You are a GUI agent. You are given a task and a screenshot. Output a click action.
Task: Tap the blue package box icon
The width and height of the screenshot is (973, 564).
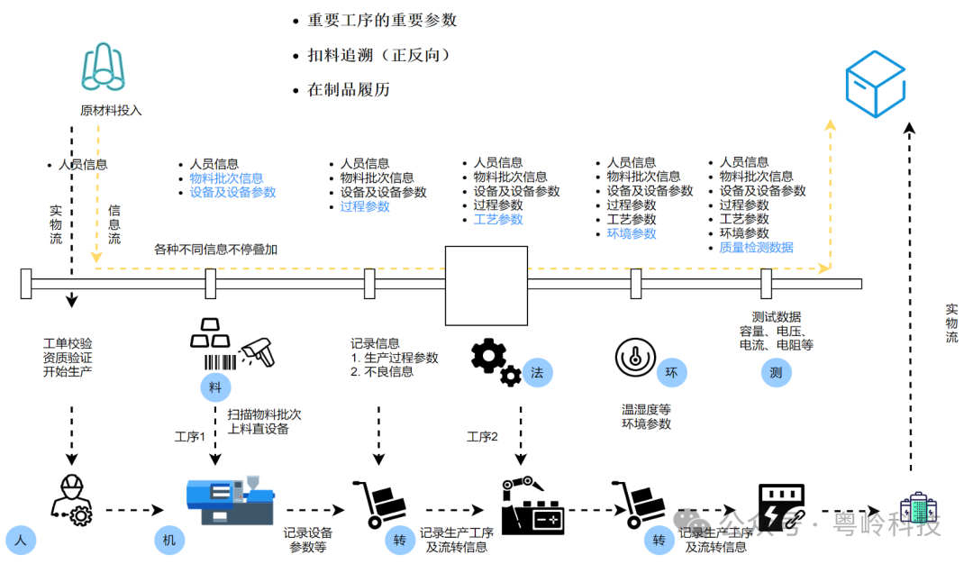pyautogui.click(x=874, y=84)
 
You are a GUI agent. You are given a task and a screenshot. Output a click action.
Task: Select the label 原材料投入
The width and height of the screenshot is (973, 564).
pyautogui.click(x=111, y=111)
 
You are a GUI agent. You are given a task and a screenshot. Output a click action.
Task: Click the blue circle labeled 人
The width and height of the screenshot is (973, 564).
pyautogui.click(x=21, y=541)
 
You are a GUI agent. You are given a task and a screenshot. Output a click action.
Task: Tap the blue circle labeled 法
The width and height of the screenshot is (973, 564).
pyautogui.click(x=537, y=372)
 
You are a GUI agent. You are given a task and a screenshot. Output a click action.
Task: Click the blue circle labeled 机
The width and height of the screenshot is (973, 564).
pyautogui.click(x=168, y=541)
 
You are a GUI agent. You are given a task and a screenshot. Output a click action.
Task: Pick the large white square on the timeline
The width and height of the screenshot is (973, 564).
pyautogui.click(x=486, y=285)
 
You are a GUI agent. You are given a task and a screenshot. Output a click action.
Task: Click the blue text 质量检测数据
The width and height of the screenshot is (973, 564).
pyautogui.click(x=756, y=247)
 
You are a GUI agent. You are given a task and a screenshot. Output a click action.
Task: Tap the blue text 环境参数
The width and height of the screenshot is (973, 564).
pyautogui.click(x=632, y=233)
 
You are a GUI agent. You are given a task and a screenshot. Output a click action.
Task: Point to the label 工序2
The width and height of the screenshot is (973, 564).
pyautogui.click(x=482, y=437)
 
